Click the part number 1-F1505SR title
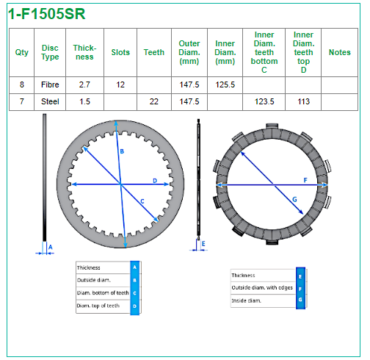point(47,14)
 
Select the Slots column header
point(120,52)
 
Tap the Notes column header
point(339,52)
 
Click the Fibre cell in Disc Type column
point(50,84)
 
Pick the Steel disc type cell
point(50,101)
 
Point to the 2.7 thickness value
point(84,84)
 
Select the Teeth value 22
point(154,101)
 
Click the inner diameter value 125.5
point(225,84)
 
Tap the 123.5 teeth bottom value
point(264,101)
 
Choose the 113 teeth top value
point(303,101)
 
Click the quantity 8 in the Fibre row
point(22,84)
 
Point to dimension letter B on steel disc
point(122,151)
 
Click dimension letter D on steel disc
point(155,181)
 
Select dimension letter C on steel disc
point(142,201)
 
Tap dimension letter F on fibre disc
point(305,180)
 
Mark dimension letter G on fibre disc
point(294,200)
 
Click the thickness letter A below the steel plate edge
point(50,247)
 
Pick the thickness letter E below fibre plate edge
point(203,244)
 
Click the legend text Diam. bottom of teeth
point(103,293)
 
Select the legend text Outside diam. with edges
point(262,287)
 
